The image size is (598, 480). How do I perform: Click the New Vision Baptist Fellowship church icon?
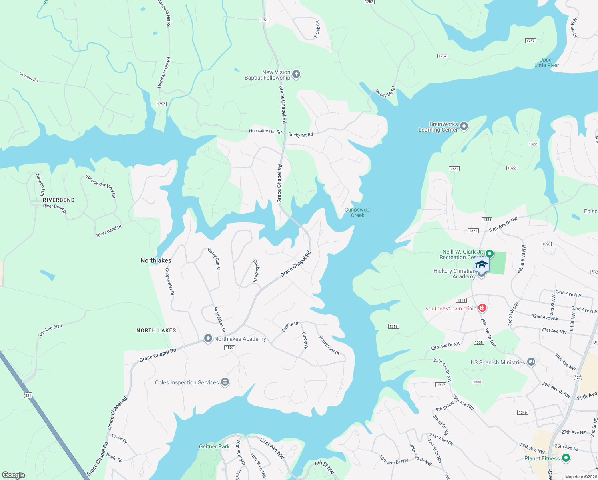tap(296, 74)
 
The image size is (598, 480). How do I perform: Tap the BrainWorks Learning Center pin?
tap(464, 126)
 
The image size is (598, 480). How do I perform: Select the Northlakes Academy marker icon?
tap(208, 338)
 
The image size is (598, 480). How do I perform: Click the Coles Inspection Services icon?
tap(225, 382)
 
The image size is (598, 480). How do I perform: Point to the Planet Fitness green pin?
tap(566, 458)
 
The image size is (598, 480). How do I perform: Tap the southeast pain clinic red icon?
tap(482, 308)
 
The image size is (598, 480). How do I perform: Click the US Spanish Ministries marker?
tap(531, 362)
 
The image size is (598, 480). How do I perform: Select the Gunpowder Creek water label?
tap(358, 212)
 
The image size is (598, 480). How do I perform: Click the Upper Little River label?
tap(546, 62)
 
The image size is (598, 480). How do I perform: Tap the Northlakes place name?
tap(156, 260)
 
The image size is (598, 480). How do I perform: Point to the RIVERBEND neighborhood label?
tap(59, 200)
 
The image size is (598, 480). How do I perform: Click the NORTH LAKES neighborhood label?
tap(156, 330)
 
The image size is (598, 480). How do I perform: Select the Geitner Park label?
tap(214, 446)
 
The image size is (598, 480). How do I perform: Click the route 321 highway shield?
tap(28, 396)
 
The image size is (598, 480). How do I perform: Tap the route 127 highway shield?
tap(578, 378)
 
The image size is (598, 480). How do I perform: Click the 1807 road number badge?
tap(229, 348)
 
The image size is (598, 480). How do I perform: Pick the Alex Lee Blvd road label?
tap(50, 330)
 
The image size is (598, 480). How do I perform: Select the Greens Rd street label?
tap(29, 76)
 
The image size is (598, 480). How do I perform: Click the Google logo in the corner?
tap(14, 475)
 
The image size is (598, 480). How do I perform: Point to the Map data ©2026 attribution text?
tap(580, 477)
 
